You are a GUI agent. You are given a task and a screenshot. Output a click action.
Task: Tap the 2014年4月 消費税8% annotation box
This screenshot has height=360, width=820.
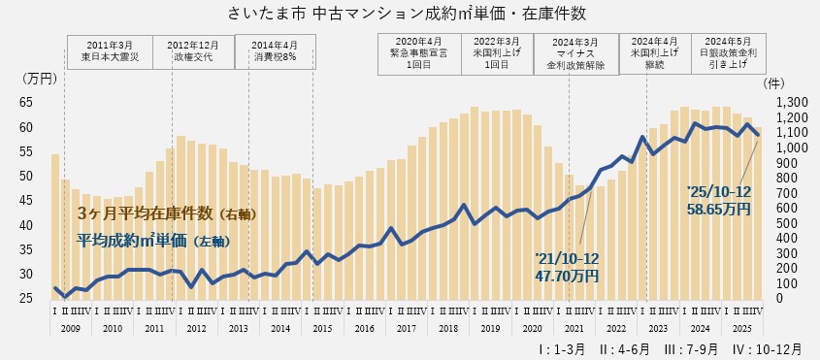pos(276,50)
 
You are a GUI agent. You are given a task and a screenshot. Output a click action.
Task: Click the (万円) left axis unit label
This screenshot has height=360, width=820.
pos(40,77)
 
